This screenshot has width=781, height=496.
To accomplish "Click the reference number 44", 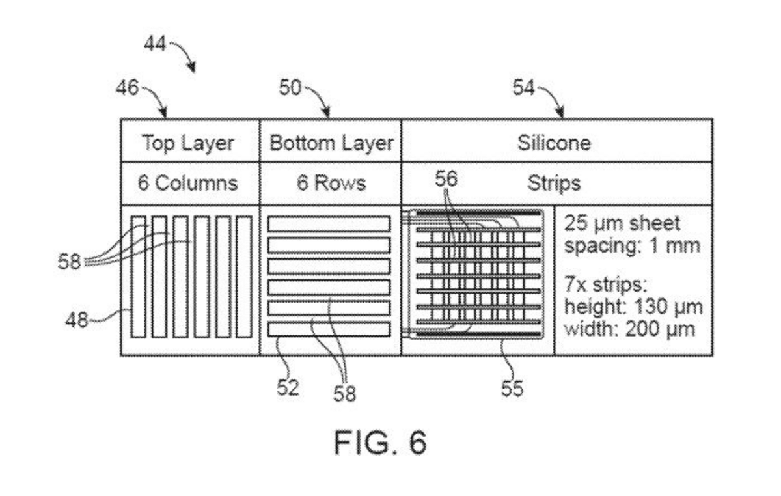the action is [x=155, y=44].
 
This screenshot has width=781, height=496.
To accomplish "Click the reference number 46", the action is [x=128, y=88].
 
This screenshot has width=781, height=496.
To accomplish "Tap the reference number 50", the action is [x=290, y=88].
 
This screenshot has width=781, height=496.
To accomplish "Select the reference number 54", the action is [x=523, y=88].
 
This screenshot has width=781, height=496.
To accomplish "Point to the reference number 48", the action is [x=77, y=320].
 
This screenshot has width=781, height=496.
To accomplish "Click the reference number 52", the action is [x=288, y=387].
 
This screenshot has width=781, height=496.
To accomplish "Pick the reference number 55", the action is [x=512, y=388].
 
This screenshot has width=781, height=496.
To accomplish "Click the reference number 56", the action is [x=446, y=179].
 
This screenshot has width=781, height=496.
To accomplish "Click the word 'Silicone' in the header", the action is [x=554, y=143].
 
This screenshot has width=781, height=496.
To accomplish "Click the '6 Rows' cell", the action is [x=331, y=183].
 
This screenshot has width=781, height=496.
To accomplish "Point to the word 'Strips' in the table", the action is [x=554, y=184].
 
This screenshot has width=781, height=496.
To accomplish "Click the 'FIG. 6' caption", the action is [x=380, y=442].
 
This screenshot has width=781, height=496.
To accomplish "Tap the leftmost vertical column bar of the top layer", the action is [x=139, y=277].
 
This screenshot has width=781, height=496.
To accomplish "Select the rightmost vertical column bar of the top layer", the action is [x=243, y=277].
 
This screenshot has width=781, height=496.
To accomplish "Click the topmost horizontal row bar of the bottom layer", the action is [x=329, y=224].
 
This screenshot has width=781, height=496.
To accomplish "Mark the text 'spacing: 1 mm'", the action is [x=632, y=246].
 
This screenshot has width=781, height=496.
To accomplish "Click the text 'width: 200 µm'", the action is [x=630, y=329].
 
